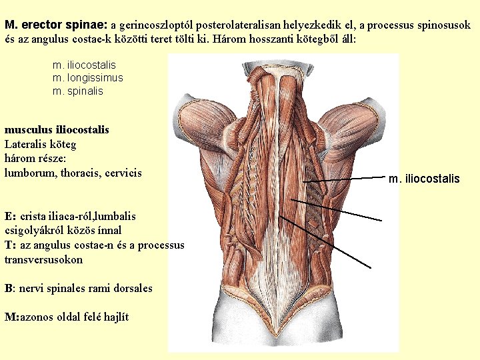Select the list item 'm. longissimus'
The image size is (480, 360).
pos(87,78)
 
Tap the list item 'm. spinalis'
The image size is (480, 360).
pos(77,91)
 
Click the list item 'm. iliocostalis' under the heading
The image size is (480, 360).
pos(84,65)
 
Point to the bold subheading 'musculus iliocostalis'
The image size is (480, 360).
pos(57,129)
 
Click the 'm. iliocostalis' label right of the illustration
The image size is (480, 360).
pos(424,179)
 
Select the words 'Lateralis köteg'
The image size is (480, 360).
pos(41,144)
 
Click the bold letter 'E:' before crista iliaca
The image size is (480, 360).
pos(11,216)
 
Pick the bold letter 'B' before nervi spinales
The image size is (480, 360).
pos(8,289)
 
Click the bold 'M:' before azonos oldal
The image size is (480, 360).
pos(12,317)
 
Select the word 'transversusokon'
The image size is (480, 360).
pos(44,259)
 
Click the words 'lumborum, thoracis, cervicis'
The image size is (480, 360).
pos(73,173)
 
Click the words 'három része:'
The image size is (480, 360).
pos(35,159)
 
